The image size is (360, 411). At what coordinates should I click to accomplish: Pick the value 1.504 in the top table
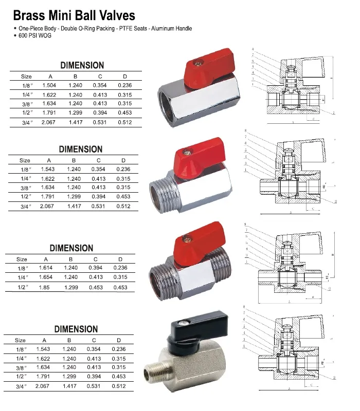pos(50,85)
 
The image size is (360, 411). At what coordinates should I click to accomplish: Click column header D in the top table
pos(124,77)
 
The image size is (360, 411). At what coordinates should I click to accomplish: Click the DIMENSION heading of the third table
pos(71,248)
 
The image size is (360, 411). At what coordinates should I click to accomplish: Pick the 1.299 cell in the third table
pos(71,287)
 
